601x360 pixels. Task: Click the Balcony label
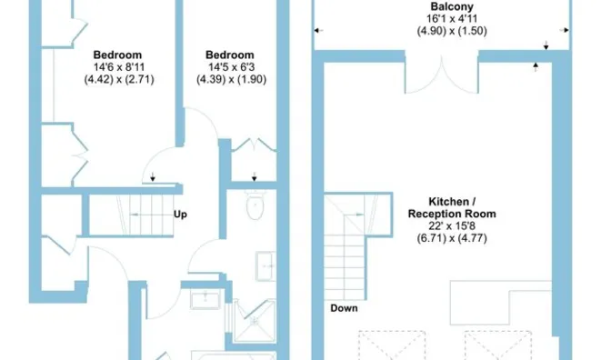452,6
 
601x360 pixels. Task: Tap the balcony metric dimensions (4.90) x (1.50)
452,31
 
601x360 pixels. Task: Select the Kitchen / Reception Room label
452,207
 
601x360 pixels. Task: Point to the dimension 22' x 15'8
452,225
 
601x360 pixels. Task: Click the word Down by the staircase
344,308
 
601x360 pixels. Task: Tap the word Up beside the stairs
180,214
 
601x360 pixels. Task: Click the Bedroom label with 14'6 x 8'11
117,55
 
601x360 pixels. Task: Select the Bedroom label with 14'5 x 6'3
230,55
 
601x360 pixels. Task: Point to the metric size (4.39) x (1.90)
231,79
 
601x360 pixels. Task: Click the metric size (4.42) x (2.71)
119,79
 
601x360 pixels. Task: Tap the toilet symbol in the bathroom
255,205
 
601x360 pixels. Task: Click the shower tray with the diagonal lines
255,321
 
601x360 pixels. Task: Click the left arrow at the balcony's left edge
318,30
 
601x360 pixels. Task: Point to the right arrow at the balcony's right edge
564,30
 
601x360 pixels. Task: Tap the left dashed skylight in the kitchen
392,345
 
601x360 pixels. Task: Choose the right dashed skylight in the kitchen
498,345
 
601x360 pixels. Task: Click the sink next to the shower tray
205,299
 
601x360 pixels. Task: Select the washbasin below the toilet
265,266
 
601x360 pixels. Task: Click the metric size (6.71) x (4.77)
452,238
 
